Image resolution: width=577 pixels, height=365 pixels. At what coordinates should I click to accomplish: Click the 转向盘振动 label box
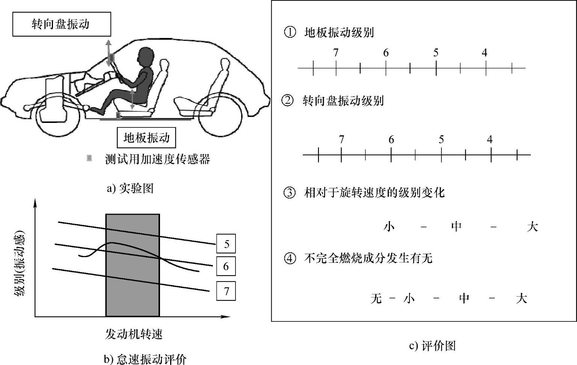click(x=62, y=24)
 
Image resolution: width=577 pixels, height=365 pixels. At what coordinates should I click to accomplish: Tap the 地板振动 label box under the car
click(x=147, y=138)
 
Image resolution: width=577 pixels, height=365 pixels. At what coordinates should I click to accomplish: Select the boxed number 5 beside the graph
click(x=226, y=244)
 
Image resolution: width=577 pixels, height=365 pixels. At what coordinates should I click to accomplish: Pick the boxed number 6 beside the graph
click(x=226, y=267)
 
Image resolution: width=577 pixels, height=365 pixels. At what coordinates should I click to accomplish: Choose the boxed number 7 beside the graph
click(x=226, y=291)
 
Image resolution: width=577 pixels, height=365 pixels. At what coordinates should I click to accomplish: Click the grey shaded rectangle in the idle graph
click(x=133, y=265)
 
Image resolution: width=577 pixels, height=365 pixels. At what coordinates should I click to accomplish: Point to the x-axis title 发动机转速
click(x=133, y=334)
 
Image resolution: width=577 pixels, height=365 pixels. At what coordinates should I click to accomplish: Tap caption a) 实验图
click(x=130, y=188)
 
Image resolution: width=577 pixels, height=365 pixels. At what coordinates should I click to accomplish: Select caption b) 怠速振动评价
click(x=145, y=359)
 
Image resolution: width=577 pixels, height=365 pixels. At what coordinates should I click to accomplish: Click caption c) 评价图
click(x=432, y=345)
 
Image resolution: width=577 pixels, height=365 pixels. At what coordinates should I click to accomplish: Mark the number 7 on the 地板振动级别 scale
click(x=336, y=53)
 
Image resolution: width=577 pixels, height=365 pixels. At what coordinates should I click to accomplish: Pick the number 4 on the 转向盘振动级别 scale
click(x=489, y=139)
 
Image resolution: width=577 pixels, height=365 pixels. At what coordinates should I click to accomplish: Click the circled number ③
click(x=289, y=193)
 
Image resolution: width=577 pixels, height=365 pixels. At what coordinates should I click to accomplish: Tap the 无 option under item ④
click(x=376, y=299)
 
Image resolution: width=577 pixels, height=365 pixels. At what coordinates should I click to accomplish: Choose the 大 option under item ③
click(x=532, y=227)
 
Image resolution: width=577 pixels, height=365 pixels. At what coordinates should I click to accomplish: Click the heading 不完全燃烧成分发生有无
click(x=368, y=258)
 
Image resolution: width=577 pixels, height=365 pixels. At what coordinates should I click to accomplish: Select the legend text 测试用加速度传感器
click(x=157, y=159)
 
